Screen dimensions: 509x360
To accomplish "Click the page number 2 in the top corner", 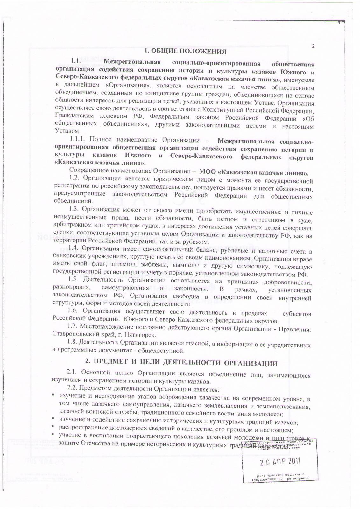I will pyautogui.click(x=313, y=46).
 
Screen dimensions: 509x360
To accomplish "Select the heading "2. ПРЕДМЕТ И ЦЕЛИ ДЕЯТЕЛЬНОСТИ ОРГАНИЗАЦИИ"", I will pyautogui.click(x=181, y=363).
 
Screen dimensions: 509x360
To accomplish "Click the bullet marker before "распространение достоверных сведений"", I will pyautogui.click(x=54, y=427).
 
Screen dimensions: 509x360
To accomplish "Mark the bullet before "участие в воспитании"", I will pyautogui.click(x=54, y=435).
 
